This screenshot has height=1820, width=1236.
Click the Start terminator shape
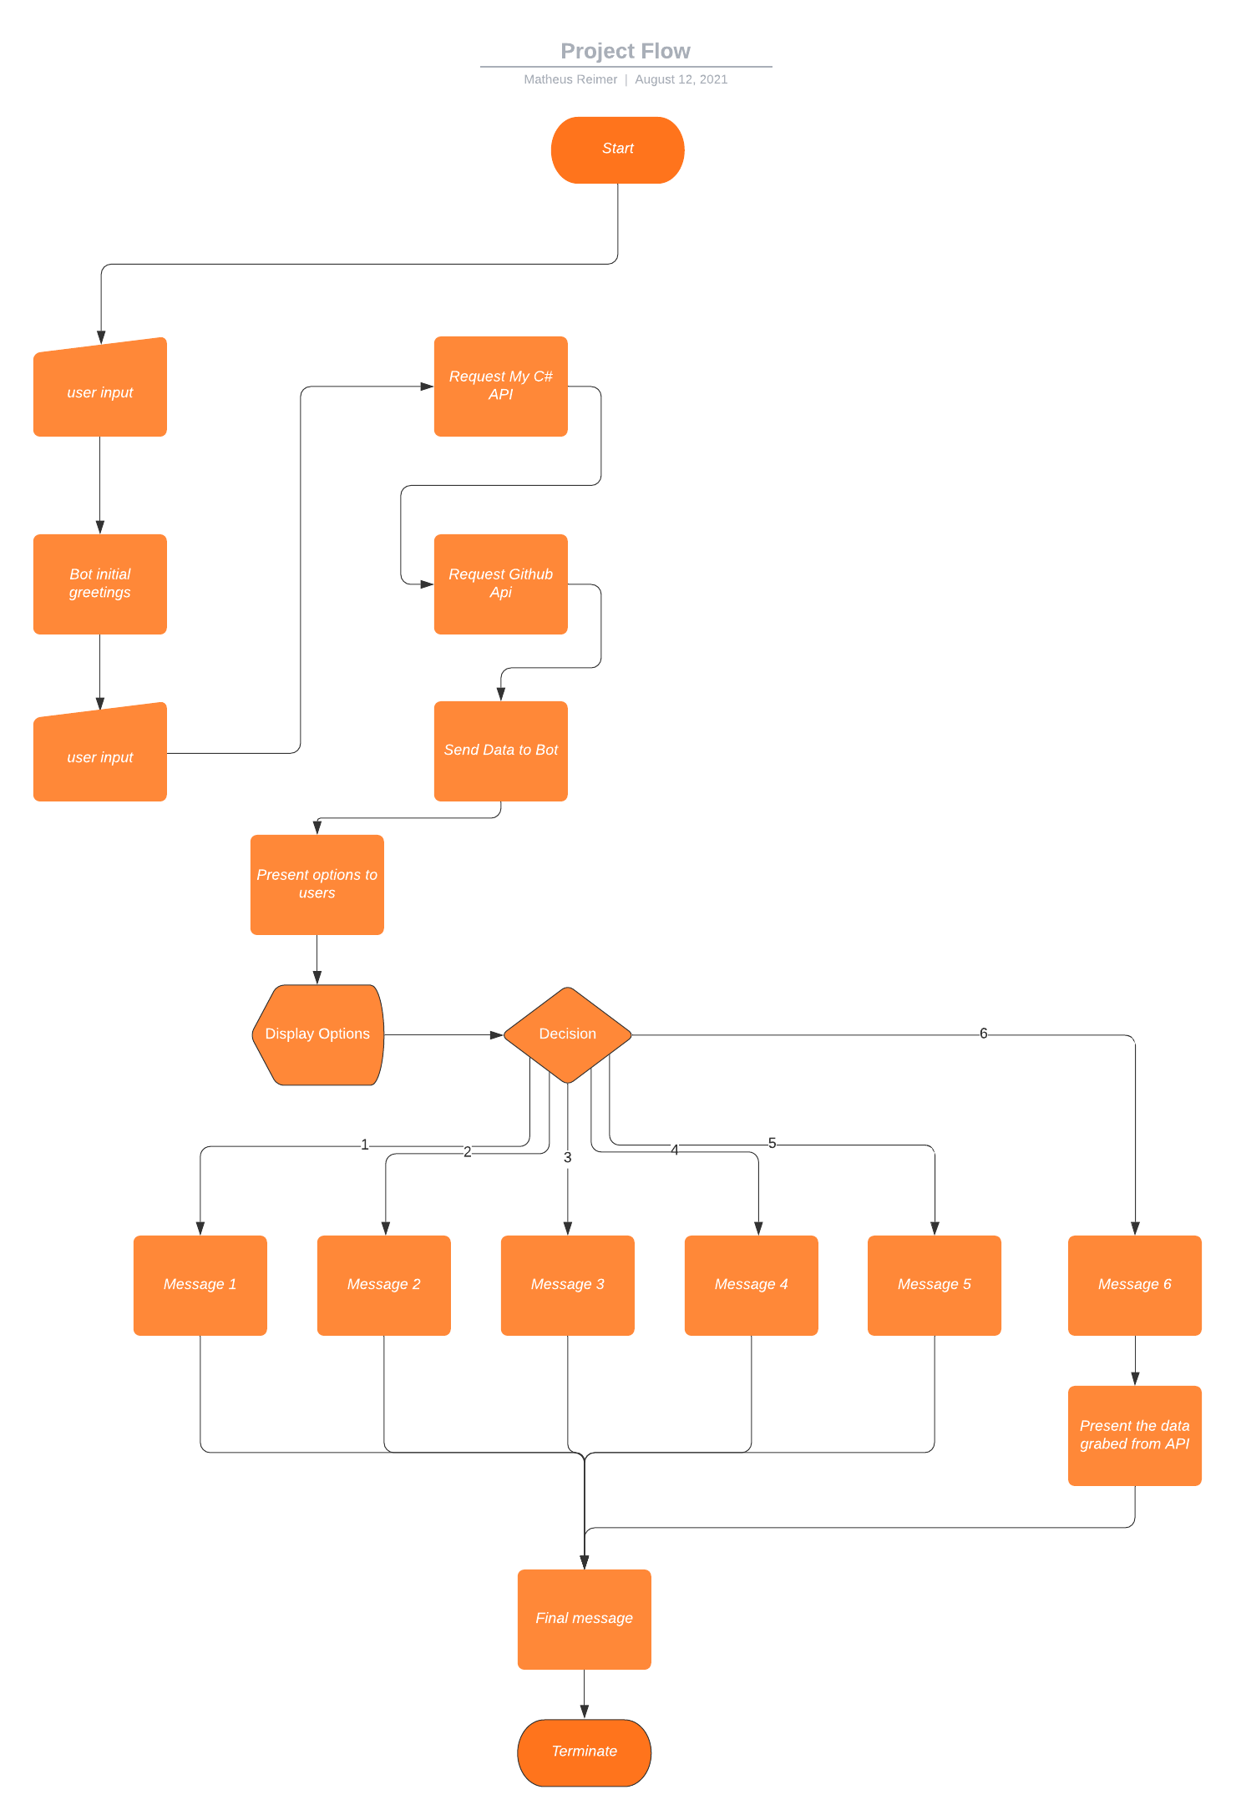pyautogui.click(x=617, y=149)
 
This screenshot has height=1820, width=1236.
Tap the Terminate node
pyautogui.click(x=584, y=1752)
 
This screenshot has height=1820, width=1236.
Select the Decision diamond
pyautogui.click(x=567, y=1034)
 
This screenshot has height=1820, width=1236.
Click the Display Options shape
pyautogui.click(x=317, y=1034)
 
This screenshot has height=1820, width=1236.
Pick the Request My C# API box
pyautogui.click(x=500, y=386)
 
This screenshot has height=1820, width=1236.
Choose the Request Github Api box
pyautogui.click(x=500, y=584)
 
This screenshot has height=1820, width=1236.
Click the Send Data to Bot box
pyautogui.click(x=500, y=751)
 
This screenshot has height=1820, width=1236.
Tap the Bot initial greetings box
pyautogui.click(x=99, y=584)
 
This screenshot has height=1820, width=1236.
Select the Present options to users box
pyautogui.click(x=317, y=884)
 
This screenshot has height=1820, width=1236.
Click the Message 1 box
pyautogui.click(x=200, y=1285)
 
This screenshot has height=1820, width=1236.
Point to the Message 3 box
pyautogui.click(x=567, y=1285)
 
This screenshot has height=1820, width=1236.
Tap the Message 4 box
pyautogui.click(x=751, y=1285)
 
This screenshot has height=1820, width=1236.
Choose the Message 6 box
pyautogui.click(x=1135, y=1285)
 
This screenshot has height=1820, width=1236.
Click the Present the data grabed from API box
pyautogui.click(x=1135, y=1435)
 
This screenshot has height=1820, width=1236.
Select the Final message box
pyautogui.click(x=584, y=1619)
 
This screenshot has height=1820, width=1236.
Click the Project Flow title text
pyautogui.click(x=626, y=51)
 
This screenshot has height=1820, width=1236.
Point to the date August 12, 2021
pyautogui.click(x=681, y=79)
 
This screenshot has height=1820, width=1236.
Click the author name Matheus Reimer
pyautogui.click(x=570, y=79)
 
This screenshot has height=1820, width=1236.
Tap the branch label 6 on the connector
pyautogui.click(x=984, y=1034)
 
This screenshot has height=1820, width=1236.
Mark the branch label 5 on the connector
pyautogui.click(x=772, y=1143)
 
